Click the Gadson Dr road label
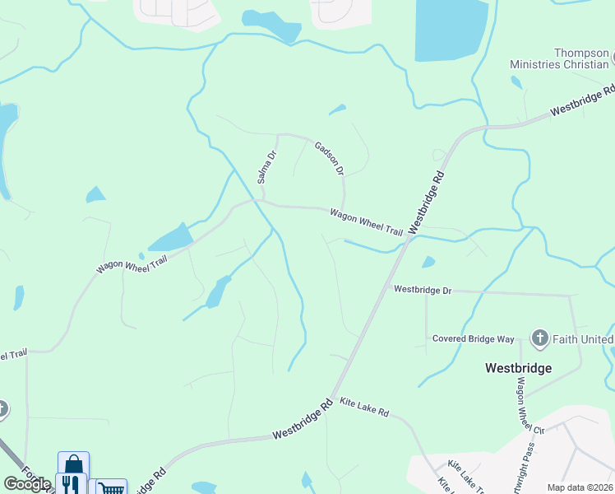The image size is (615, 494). click(x=329, y=158)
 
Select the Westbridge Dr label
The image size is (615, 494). click(x=423, y=290)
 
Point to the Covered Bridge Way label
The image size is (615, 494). click(x=474, y=338)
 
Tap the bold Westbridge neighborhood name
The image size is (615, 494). click(x=518, y=367)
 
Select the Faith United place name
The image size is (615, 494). click(x=583, y=338)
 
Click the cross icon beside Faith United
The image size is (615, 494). click(x=539, y=338)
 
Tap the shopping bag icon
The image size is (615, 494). click(x=73, y=464)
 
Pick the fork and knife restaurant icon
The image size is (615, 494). click(x=72, y=485)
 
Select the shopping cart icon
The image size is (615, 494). click(x=111, y=488)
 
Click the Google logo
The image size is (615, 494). click(x=26, y=484)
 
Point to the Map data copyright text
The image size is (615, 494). click(x=580, y=487)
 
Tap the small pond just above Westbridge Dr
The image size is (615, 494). click(x=428, y=263)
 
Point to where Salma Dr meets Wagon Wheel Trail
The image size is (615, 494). click(x=261, y=200)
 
